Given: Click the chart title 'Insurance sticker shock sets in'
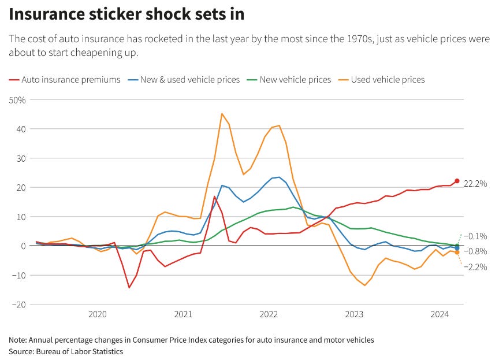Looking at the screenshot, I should [126, 14].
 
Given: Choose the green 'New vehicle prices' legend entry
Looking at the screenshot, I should [295, 80].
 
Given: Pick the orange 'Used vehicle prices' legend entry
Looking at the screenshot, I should [387, 80].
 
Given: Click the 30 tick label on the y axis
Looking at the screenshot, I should [21, 158].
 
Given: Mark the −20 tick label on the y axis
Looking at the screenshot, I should [19, 305].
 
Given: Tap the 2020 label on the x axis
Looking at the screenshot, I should [98, 314].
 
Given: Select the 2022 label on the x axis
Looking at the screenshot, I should [269, 314].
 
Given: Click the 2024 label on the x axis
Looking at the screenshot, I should [440, 314].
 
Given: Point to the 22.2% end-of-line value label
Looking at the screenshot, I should [476, 183].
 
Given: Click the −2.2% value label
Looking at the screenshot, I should [477, 267].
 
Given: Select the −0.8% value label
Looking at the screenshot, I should [477, 251].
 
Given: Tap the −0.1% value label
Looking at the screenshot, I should [477, 236].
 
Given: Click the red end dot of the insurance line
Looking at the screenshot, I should [457, 181].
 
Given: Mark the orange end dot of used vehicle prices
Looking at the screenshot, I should [457, 253].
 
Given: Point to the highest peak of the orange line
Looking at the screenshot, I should [222, 114].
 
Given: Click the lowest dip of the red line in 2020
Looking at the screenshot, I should [129, 287].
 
